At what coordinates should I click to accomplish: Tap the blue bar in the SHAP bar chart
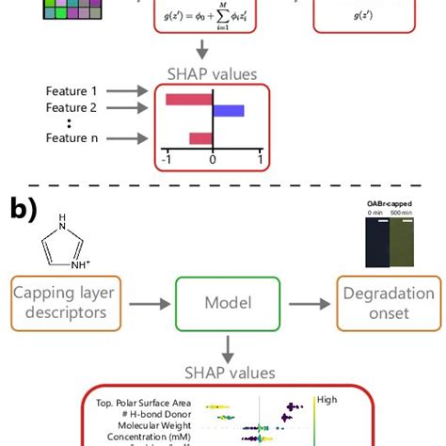point(229,111)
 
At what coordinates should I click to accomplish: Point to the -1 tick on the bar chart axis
point(167,160)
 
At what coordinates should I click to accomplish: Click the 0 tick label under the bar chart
point(213,160)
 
